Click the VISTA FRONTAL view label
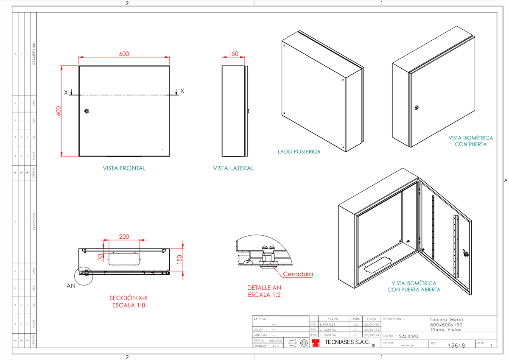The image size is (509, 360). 124,168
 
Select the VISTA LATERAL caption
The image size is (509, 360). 233,168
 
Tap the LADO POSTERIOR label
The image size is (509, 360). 299,151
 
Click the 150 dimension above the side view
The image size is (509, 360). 233,54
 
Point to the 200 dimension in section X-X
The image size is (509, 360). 124,237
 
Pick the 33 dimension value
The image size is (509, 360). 100,257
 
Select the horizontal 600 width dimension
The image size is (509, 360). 124,54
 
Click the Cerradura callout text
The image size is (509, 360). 298,274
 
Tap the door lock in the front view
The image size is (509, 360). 87,111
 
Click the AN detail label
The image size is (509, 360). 71,286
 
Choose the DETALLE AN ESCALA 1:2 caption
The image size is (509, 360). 264,291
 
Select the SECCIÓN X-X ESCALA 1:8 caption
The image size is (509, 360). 129,301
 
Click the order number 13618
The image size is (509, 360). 456,346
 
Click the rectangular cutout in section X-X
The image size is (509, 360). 124,259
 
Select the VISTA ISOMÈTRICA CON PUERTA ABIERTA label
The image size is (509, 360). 414,286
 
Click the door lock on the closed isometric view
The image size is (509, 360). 417,108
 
